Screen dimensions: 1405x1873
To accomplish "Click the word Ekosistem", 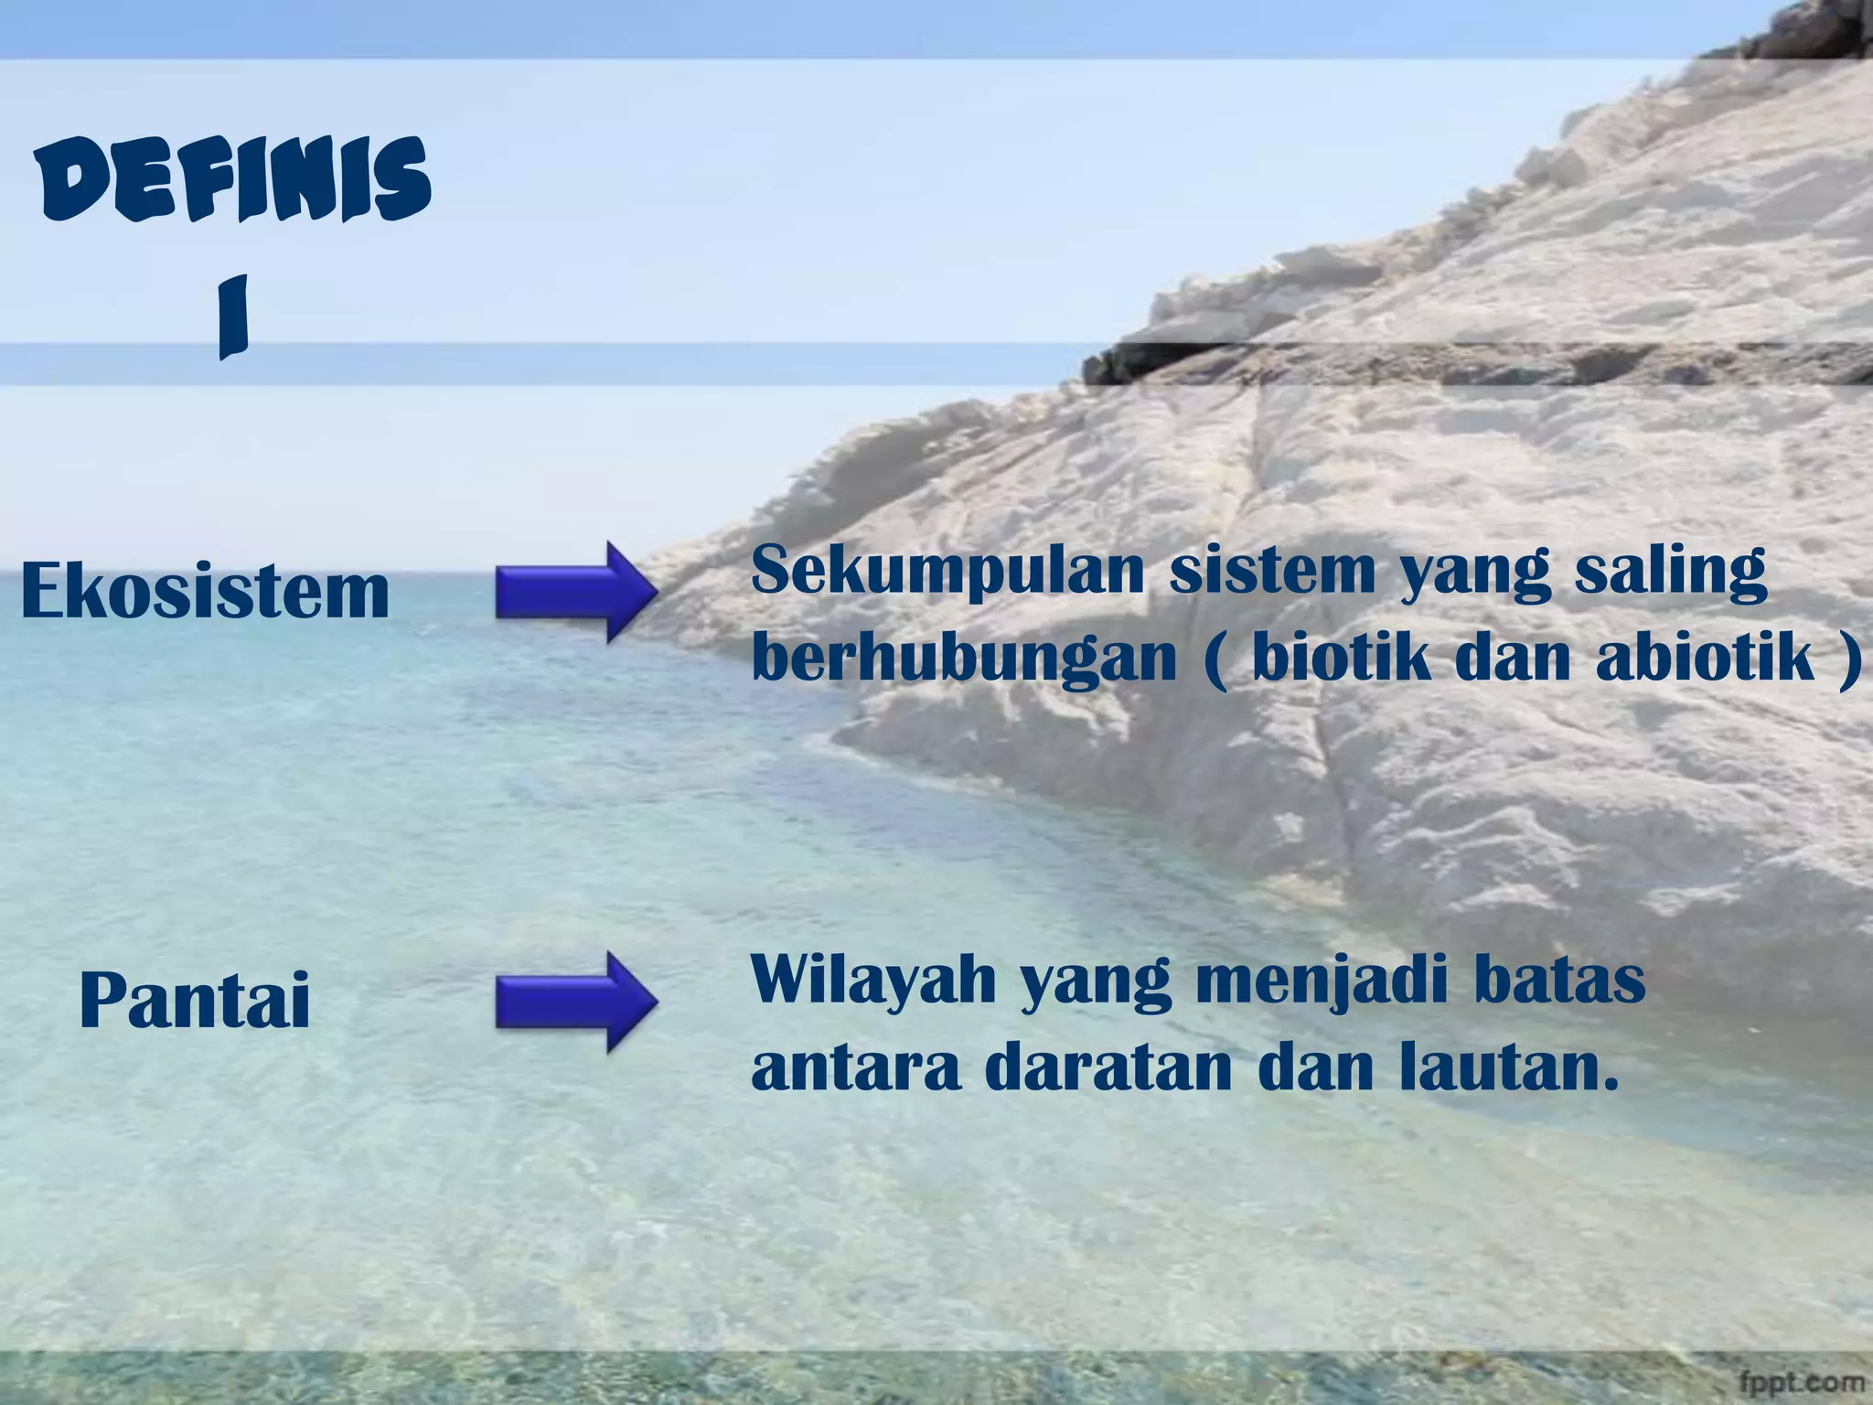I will (x=205, y=591).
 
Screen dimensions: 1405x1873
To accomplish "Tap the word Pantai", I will (x=195, y=1001).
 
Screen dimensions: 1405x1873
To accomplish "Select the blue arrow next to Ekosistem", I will (x=576, y=592).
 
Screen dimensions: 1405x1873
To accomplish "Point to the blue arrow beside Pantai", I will (x=576, y=1002).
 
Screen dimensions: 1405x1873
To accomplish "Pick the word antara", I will (x=856, y=1069).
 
